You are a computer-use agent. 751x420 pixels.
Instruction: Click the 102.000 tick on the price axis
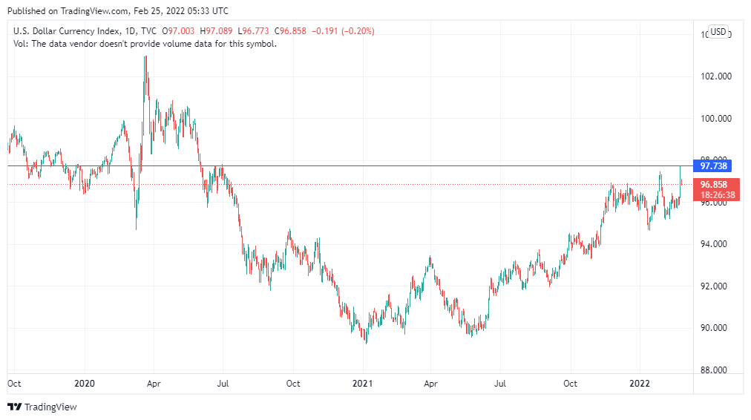(x=716, y=76)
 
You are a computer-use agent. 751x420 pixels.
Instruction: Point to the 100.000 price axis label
(x=716, y=119)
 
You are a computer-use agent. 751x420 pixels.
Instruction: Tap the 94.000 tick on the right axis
(x=716, y=244)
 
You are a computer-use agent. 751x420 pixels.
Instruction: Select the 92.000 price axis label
(x=716, y=286)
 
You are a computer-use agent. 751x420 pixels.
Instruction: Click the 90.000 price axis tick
(x=716, y=328)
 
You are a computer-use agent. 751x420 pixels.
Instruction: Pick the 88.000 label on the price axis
(x=716, y=370)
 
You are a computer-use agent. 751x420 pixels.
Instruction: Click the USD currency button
(x=718, y=31)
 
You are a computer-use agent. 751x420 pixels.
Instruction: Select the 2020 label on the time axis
(x=85, y=384)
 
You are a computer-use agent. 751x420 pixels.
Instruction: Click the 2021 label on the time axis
(x=362, y=384)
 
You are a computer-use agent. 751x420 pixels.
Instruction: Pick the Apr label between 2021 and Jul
(x=430, y=384)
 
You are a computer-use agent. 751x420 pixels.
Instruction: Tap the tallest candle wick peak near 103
(x=145, y=56)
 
